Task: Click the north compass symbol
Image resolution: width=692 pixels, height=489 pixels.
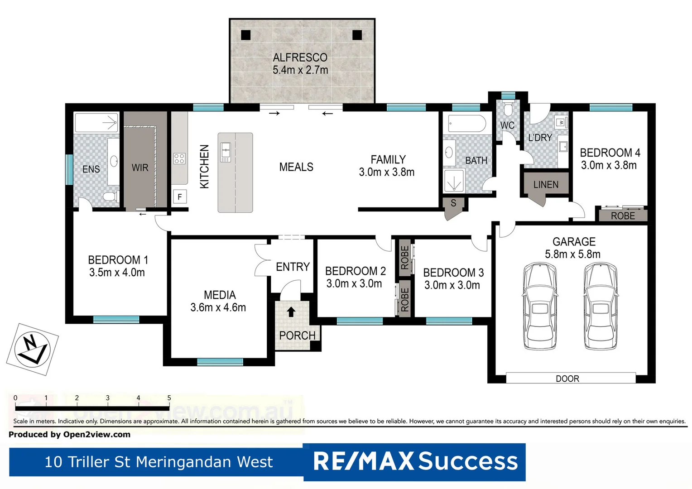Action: (32, 349)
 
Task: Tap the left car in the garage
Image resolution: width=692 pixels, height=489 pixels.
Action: (539, 307)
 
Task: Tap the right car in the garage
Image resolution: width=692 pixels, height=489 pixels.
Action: (600, 307)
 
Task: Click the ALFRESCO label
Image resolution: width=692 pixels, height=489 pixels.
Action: (300, 58)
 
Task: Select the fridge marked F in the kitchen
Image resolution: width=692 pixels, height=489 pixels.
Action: (180, 197)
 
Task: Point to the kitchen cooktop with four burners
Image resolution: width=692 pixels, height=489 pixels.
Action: (179, 158)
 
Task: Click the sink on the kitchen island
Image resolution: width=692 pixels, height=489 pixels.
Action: (226, 152)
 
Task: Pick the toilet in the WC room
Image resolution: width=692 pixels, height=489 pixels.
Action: (508, 109)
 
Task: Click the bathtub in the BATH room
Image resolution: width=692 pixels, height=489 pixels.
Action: (466, 123)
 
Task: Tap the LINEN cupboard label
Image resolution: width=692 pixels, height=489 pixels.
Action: (546, 185)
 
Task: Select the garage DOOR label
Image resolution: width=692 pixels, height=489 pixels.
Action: (567, 379)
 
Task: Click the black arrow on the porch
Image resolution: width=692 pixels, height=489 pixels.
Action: (291, 312)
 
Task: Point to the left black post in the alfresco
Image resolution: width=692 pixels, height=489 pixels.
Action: (246, 35)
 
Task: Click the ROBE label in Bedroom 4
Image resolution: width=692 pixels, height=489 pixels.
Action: (623, 216)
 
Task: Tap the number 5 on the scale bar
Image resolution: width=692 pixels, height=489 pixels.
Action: (169, 398)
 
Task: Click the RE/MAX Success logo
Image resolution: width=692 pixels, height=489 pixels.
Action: (414, 462)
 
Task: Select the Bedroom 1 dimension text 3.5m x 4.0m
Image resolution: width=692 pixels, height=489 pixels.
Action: (117, 273)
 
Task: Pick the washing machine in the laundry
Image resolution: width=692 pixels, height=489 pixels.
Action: (561, 122)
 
